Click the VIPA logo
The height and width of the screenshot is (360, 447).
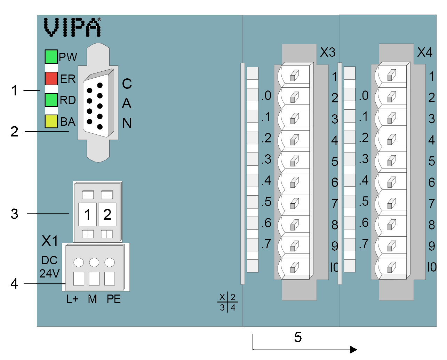(x=72, y=27)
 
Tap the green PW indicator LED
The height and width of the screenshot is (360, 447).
(x=51, y=56)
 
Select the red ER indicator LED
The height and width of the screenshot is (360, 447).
(x=51, y=78)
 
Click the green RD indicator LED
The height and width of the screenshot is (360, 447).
(x=51, y=100)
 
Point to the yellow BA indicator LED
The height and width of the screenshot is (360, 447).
(x=51, y=121)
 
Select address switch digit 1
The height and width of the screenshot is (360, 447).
(x=87, y=214)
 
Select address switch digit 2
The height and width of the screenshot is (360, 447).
(x=107, y=214)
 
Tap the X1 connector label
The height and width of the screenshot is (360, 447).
(x=50, y=241)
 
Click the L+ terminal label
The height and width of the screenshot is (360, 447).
(x=72, y=299)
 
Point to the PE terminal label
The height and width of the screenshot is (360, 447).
(x=113, y=299)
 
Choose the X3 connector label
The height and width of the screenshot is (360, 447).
(x=328, y=52)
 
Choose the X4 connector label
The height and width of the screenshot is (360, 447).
(x=425, y=52)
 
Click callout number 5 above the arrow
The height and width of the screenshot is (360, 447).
(x=298, y=337)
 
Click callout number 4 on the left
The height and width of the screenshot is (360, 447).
(x=14, y=283)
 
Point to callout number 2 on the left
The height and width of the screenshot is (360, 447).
(x=14, y=132)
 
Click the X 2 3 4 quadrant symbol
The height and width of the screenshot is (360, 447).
(x=228, y=302)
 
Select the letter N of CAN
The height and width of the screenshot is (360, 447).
(x=127, y=123)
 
